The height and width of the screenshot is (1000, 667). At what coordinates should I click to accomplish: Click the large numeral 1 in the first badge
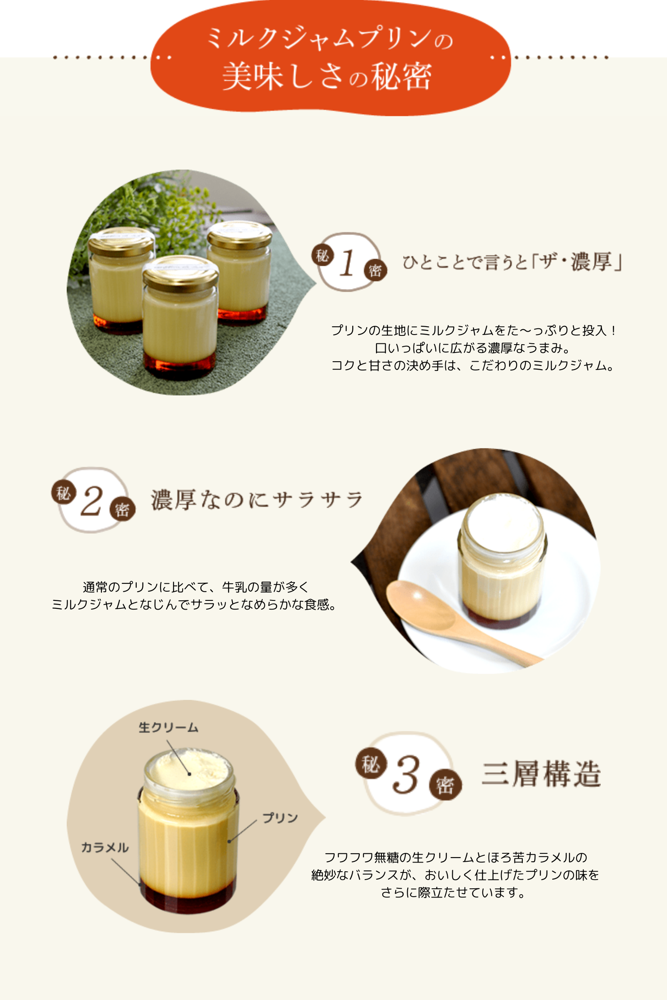click(348, 263)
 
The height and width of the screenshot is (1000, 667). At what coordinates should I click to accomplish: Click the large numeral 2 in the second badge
click(91, 501)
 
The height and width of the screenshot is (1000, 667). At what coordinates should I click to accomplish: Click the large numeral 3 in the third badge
click(406, 775)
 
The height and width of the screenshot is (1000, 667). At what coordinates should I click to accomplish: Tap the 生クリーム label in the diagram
click(168, 727)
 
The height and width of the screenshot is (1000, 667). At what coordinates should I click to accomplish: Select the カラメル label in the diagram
click(105, 847)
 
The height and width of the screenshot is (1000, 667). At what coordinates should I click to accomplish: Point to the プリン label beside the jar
click(280, 817)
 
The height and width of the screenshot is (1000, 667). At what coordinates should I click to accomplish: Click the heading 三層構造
click(541, 774)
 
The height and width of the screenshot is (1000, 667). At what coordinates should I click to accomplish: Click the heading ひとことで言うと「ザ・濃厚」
click(512, 262)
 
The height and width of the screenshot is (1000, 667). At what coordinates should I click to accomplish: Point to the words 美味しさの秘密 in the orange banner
click(327, 77)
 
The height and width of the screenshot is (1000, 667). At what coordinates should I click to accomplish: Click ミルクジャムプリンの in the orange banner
click(330, 39)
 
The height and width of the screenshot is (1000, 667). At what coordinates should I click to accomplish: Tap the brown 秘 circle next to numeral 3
click(371, 764)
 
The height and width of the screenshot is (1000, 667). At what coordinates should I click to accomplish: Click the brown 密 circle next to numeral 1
click(375, 270)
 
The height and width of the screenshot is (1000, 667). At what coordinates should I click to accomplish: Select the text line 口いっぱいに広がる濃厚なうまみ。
click(473, 348)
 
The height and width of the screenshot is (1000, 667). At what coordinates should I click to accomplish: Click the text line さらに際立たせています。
click(453, 892)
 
